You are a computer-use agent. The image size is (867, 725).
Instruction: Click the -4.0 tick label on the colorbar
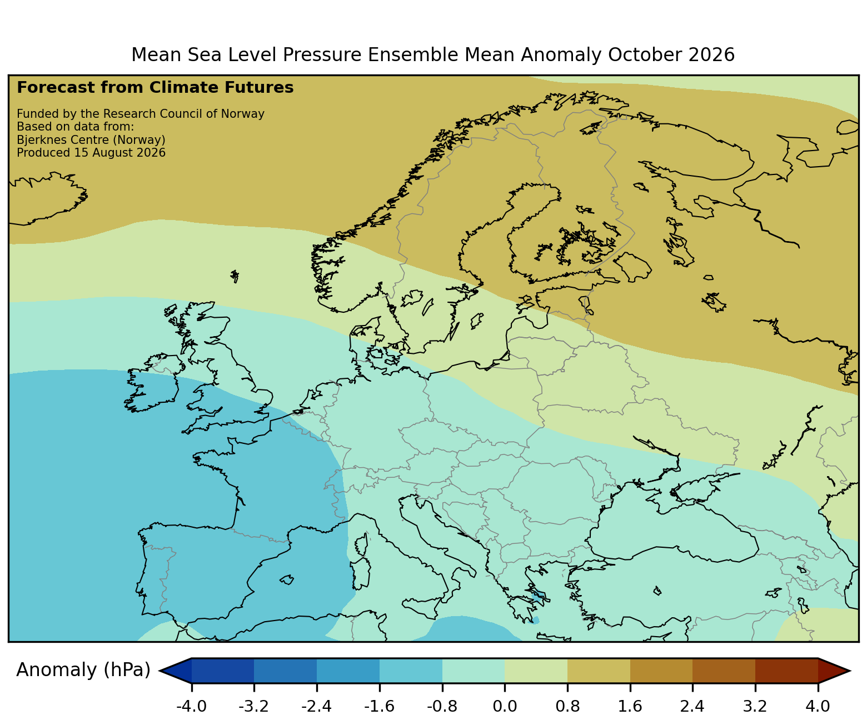191,706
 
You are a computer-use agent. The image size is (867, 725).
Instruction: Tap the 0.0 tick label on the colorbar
505,706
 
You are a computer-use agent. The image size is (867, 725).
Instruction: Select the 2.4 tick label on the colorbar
692,706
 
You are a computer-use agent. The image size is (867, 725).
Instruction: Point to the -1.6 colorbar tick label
379,706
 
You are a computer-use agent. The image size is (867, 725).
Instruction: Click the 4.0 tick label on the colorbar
818,706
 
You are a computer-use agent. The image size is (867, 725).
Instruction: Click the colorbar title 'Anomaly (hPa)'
83,670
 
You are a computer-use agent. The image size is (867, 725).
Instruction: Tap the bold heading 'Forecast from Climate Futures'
155,88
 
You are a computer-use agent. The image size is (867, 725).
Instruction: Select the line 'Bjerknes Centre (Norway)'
91,140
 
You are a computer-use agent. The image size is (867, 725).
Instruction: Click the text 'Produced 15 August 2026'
91,153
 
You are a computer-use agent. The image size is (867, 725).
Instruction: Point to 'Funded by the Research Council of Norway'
141,114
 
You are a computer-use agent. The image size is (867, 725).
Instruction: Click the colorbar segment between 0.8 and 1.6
599,671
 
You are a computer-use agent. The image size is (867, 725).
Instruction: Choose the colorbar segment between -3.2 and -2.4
285,671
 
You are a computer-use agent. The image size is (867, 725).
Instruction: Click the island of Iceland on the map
46,199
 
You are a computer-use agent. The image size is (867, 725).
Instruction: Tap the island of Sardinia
361,573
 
